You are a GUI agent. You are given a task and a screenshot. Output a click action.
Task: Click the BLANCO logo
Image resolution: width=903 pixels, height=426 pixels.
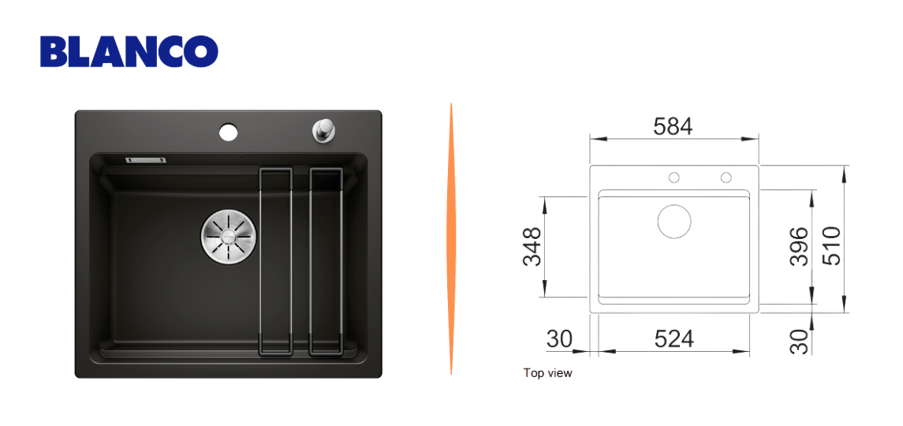coord(129,52)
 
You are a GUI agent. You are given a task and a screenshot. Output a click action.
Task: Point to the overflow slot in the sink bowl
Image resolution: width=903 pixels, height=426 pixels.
coord(146,159)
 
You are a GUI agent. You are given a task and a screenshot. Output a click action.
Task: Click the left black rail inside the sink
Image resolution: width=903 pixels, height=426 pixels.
coord(276,260)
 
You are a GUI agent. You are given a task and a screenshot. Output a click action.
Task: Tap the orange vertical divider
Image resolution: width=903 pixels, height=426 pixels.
coord(451,239)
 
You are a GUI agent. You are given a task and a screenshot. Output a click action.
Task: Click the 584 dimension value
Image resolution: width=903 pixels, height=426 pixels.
coord(673,126)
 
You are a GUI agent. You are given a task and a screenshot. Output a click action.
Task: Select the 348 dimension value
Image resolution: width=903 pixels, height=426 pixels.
coord(532,247)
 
